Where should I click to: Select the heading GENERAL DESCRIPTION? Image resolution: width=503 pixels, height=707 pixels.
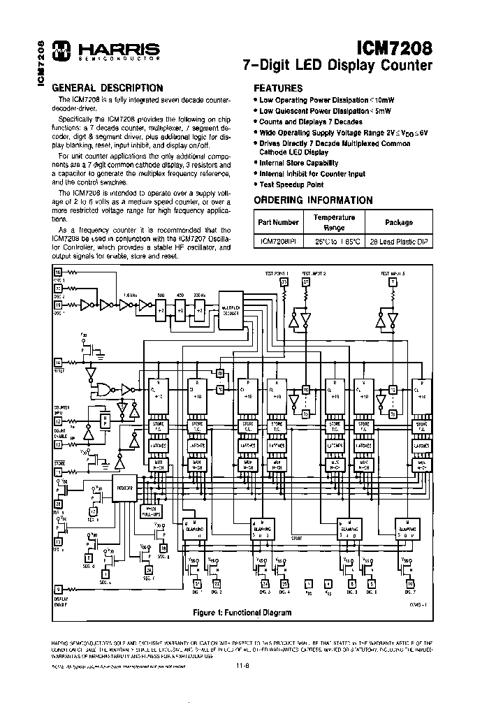[x=108, y=88]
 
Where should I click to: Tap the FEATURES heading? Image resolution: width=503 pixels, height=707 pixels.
[x=277, y=89]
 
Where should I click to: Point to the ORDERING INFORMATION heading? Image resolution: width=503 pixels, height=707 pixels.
[x=312, y=201]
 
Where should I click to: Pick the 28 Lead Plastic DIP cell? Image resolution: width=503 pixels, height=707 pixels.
[x=399, y=241]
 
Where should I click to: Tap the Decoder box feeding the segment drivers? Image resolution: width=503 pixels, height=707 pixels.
[x=126, y=488]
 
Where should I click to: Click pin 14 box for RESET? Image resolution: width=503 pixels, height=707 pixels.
[x=58, y=362]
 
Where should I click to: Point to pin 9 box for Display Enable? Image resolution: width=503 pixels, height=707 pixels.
[x=58, y=588]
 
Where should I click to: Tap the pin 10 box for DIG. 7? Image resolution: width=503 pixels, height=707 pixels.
[x=410, y=583]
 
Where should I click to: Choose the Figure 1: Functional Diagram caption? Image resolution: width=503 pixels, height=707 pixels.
[x=242, y=613]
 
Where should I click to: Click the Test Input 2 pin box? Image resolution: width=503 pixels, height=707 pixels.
[x=306, y=282]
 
